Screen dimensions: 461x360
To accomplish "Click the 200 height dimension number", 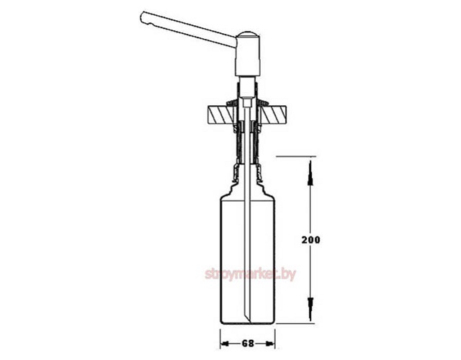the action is (x=310, y=240).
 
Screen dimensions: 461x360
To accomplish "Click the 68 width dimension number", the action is (x=248, y=343).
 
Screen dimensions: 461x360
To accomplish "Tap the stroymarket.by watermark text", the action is (x=250, y=274).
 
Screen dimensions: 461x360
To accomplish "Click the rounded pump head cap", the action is (x=249, y=34).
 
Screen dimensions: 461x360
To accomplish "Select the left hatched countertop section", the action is (x=221, y=114).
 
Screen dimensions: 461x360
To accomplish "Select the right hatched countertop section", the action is (x=274, y=114).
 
